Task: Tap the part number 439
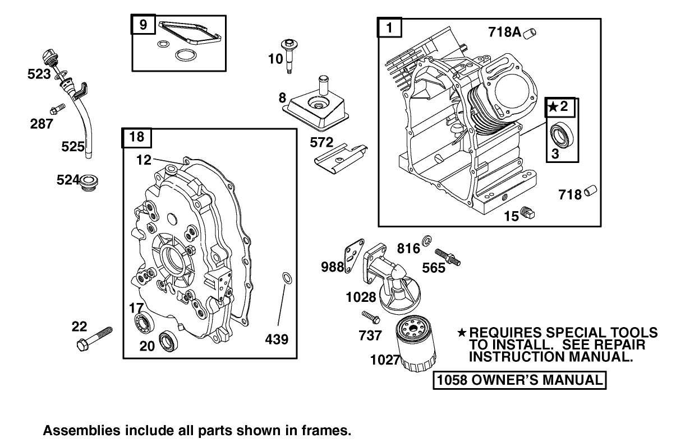pos(277,339)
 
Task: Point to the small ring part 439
pos(286,278)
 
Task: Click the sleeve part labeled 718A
pos(529,34)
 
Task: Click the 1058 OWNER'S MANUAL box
pos(519,380)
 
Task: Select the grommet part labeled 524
pos(89,182)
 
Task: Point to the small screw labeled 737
pos(371,317)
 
